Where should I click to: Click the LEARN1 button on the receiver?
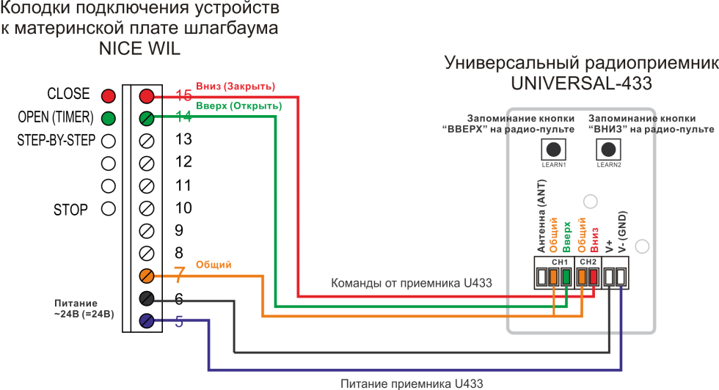tap(554, 149)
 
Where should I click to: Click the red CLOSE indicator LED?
tap(109, 96)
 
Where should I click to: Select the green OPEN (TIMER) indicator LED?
tap(109, 118)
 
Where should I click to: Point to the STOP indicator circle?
tap(109, 209)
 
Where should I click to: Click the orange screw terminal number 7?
tap(147, 276)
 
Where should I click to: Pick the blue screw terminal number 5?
tap(147, 320)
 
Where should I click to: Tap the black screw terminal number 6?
tap(147, 298)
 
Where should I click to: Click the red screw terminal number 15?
tap(147, 96)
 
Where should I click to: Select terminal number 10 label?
tap(183, 208)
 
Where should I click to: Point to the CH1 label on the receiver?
tap(560, 262)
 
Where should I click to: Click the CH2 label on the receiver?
tap(588, 262)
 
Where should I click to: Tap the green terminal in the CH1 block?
tap(566, 277)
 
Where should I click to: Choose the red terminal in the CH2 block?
tap(593, 277)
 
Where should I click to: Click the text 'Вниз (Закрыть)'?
tap(235, 86)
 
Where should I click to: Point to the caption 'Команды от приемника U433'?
tap(411, 283)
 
